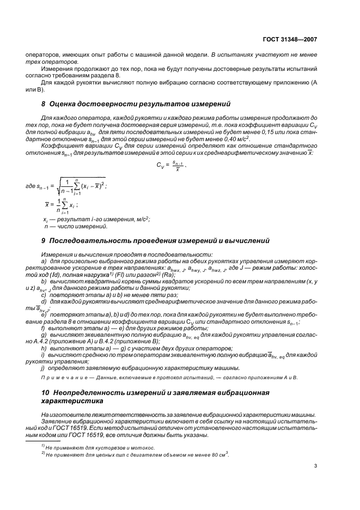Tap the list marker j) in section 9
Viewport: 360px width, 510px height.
pos(43,368)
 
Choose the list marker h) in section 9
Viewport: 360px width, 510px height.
pos(44,348)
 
